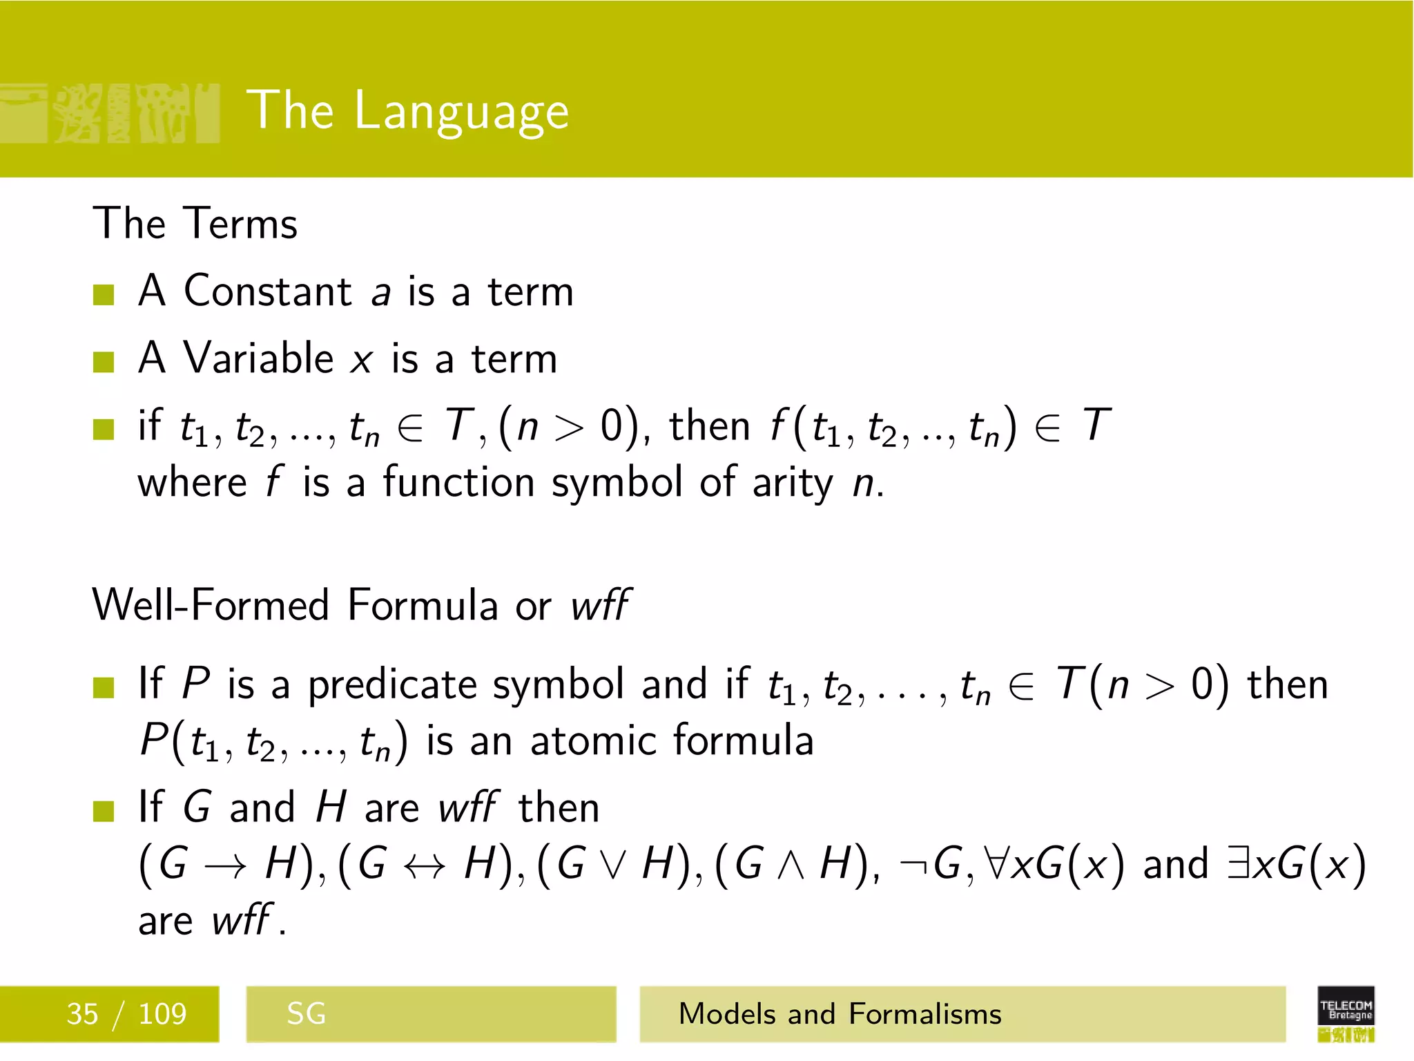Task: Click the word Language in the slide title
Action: (x=461, y=112)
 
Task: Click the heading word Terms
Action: (x=242, y=224)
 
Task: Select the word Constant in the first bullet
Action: (x=268, y=291)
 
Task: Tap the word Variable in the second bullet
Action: (x=258, y=359)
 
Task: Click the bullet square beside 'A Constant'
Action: (x=104, y=295)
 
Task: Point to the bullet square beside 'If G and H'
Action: (x=104, y=811)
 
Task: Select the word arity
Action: (x=793, y=483)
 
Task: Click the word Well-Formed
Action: (x=211, y=605)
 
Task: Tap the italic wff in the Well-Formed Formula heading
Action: (x=599, y=605)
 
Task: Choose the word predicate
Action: (x=393, y=685)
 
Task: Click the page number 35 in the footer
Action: (x=82, y=1014)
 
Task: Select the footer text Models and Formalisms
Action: (x=840, y=1014)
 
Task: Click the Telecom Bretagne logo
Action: (x=1346, y=1013)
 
